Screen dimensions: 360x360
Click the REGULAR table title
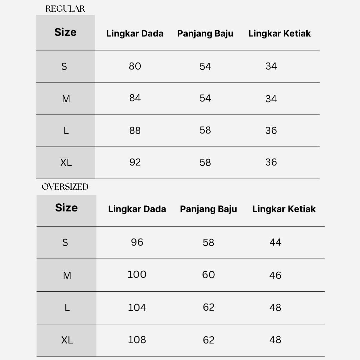pyautogui.click(x=65, y=9)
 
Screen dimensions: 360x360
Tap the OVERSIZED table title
pyautogui.click(x=65, y=187)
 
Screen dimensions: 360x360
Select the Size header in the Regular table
pyautogui.click(x=65, y=32)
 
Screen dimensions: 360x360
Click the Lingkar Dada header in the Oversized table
pyautogui.click(x=137, y=209)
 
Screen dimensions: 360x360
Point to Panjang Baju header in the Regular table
pyautogui.click(x=205, y=33)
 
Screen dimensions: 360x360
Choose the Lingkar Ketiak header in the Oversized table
pyautogui.click(x=284, y=209)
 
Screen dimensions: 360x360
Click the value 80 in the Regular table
pyautogui.click(x=135, y=66)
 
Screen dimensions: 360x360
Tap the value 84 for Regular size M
pyautogui.click(x=135, y=98)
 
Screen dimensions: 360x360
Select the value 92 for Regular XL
pyautogui.click(x=135, y=162)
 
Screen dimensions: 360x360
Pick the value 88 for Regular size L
pyautogui.click(x=135, y=130)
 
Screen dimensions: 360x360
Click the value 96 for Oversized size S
pyautogui.click(x=137, y=242)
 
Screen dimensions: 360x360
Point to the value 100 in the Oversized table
pyautogui.click(x=137, y=275)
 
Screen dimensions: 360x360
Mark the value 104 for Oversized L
pyautogui.click(x=137, y=307)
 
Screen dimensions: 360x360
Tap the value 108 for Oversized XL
pyautogui.click(x=137, y=340)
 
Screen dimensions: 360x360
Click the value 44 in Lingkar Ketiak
pyautogui.click(x=275, y=242)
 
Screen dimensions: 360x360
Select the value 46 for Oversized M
pyautogui.click(x=275, y=275)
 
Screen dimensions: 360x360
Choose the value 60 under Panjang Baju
pyautogui.click(x=208, y=275)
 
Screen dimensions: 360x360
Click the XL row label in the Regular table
pyautogui.click(x=66, y=163)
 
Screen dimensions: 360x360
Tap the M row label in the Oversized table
pyautogui.click(x=67, y=275)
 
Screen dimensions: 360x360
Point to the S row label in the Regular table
pyautogui.click(x=64, y=67)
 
